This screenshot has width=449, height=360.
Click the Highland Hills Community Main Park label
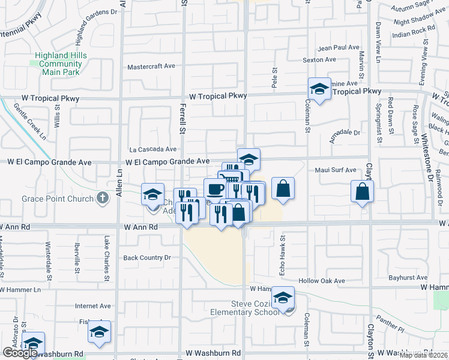click(61, 64)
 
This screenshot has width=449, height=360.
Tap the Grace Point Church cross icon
click(103, 197)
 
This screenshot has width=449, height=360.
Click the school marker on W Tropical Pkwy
click(319, 89)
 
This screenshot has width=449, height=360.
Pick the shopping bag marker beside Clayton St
click(362, 191)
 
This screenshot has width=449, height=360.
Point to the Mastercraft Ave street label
click(151, 67)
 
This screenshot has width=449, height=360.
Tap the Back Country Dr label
click(147, 257)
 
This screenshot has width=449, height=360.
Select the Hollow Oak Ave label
click(322, 281)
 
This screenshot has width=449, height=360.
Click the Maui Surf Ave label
click(336, 170)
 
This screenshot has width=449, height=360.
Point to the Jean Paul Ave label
click(339, 47)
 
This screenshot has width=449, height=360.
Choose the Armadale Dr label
click(345, 133)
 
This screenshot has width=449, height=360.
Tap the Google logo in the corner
click(20, 353)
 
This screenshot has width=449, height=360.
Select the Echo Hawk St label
click(282, 247)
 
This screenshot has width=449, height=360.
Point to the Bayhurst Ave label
click(408, 278)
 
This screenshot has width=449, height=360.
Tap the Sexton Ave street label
click(319, 59)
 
